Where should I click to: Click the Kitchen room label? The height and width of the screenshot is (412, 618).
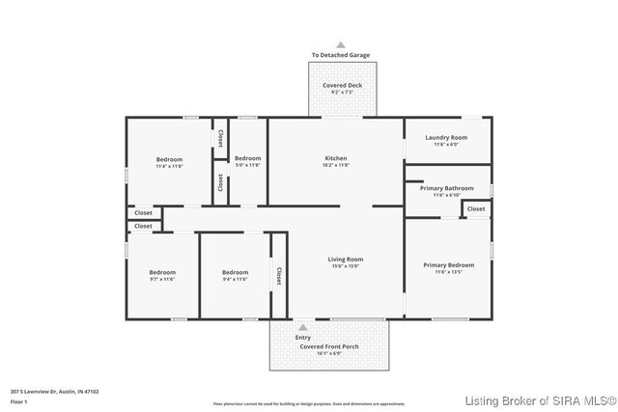[335, 158]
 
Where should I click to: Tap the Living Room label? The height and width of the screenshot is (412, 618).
[346, 259]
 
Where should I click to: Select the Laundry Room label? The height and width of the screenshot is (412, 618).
[446, 137]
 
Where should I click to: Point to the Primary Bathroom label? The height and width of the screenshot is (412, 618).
[446, 188]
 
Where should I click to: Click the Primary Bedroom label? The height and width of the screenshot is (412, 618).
[448, 264]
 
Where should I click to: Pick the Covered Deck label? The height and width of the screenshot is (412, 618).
[342, 85]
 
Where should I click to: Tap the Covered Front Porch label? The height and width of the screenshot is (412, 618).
[329, 345]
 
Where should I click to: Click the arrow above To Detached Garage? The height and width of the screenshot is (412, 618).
[341, 44]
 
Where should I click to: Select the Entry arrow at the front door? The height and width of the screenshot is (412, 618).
[303, 327]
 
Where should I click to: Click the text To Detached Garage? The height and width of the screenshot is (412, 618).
[341, 55]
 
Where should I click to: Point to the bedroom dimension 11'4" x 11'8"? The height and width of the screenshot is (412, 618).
[170, 166]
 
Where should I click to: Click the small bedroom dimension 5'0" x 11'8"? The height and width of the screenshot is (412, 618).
[247, 165]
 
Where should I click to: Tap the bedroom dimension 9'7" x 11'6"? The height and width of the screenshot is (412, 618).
[161, 279]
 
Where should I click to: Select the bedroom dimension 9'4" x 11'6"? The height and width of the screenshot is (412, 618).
[235, 279]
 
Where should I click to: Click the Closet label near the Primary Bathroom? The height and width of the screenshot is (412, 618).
[476, 208]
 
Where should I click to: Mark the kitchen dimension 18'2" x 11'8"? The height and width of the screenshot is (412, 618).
[335, 165]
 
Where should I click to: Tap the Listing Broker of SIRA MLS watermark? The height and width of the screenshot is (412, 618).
[538, 400]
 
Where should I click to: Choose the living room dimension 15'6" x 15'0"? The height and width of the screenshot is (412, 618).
[346, 265]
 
